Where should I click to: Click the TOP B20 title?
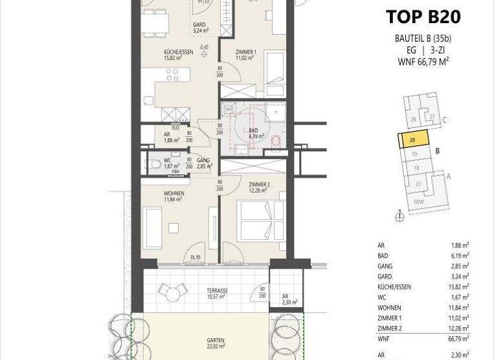pyautogui.click(x=423, y=17)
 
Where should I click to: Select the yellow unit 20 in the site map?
pyautogui.click(x=410, y=138)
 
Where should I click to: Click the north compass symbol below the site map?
pyautogui.click(x=399, y=217)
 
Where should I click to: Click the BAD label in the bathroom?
pyautogui.click(x=253, y=130)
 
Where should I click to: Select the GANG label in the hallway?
pyautogui.click(x=203, y=161)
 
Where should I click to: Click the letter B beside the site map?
pyautogui.click(x=437, y=152)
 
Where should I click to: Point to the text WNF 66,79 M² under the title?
pyautogui.click(x=423, y=62)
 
